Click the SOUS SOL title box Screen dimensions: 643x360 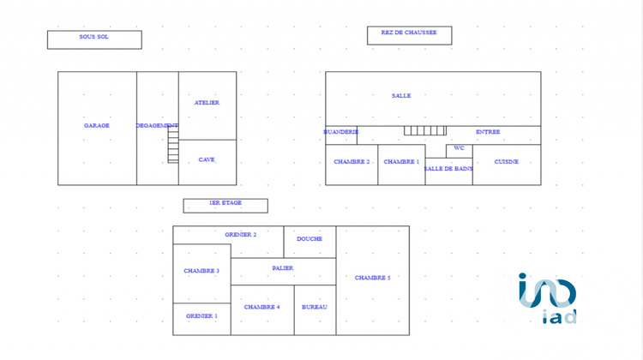click(x=94, y=39)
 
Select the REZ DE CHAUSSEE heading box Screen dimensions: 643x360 click(x=409, y=35)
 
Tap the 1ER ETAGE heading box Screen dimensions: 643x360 click(x=225, y=206)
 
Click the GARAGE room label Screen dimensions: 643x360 click(x=97, y=125)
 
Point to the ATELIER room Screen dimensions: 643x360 click(x=207, y=105)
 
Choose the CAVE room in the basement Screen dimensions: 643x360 click(x=207, y=162)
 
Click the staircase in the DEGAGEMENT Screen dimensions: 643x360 click(x=173, y=147)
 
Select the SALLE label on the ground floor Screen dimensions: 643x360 click(x=401, y=95)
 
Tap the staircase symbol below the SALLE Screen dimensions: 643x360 click(x=425, y=130)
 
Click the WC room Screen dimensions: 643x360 click(x=460, y=151)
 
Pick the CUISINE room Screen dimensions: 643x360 click(x=507, y=165)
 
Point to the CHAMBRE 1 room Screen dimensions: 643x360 click(x=401, y=165)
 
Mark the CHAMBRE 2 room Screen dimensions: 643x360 click(x=352, y=165)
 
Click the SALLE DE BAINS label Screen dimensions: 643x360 click(x=448, y=169)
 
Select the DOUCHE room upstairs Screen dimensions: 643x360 click(x=309, y=242)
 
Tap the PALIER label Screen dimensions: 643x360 click(x=283, y=268)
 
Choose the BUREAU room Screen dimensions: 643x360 click(x=315, y=310)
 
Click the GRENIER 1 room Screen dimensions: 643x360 click(x=201, y=319)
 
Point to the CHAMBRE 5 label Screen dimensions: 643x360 click(x=372, y=278)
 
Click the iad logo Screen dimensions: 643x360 click(x=548, y=298)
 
